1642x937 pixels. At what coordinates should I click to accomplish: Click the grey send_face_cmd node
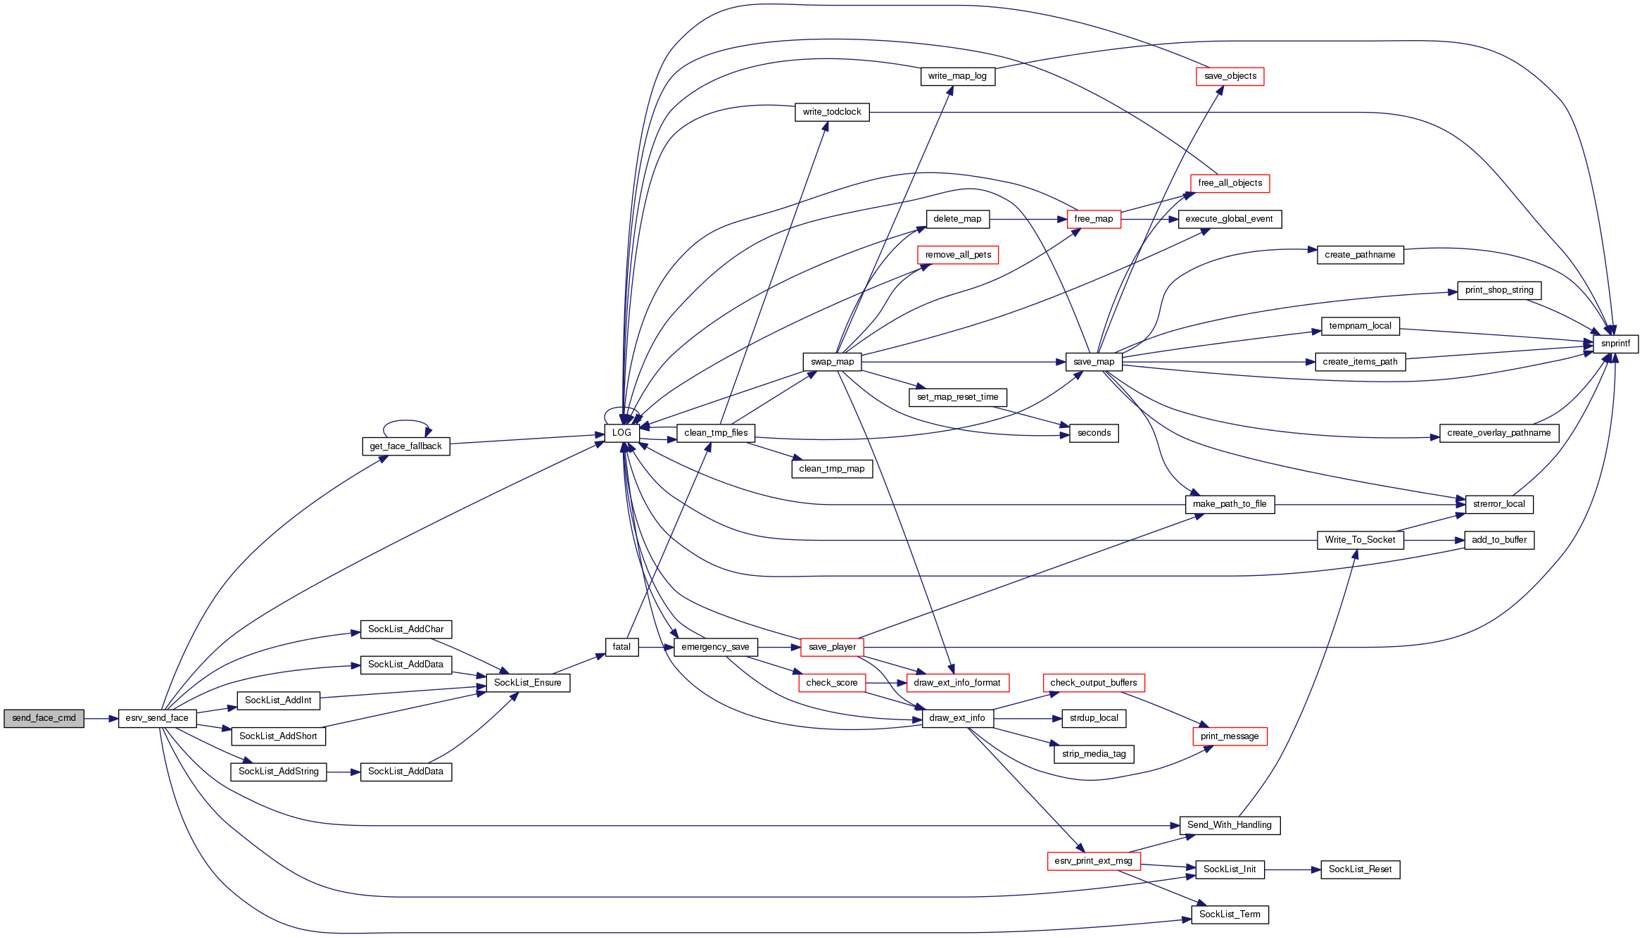click(44, 718)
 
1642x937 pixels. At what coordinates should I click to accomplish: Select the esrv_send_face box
click(157, 718)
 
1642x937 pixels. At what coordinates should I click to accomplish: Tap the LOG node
click(621, 433)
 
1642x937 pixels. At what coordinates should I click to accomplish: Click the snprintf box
click(1615, 344)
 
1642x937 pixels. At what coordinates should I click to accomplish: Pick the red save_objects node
click(1230, 76)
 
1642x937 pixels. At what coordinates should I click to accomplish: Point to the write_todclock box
click(832, 112)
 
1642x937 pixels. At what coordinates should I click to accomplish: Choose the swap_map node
click(832, 362)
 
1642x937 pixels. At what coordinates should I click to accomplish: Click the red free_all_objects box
click(1230, 183)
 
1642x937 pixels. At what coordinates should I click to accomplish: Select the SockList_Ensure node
click(527, 683)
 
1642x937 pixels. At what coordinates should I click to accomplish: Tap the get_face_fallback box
click(405, 446)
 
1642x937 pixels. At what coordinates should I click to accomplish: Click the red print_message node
click(1230, 736)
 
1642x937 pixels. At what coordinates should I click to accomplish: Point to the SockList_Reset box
click(1360, 869)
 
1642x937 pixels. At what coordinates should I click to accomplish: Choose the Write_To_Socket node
click(1360, 540)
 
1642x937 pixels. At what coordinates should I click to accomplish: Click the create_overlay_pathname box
click(1498, 433)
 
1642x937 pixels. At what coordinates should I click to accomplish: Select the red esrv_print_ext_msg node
click(1093, 861)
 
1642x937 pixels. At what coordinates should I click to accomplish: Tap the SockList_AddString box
click(278, 772)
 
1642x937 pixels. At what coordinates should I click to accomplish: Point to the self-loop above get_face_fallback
click(406, 421)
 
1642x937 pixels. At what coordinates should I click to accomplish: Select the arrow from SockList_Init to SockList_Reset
click(1292, 869)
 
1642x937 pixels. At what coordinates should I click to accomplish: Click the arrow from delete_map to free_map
click(1028, 219)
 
